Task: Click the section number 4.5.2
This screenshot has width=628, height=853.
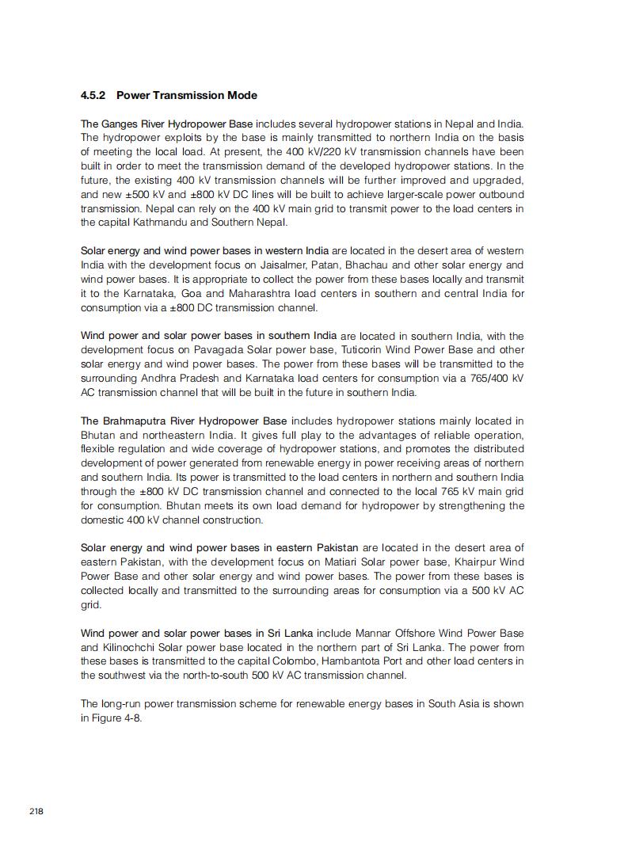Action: coord(94,95)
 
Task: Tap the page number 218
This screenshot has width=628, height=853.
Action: coord(36,811)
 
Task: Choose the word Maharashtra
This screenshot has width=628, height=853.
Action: coord(242,294)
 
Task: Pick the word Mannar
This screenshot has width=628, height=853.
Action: coord(379,634)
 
